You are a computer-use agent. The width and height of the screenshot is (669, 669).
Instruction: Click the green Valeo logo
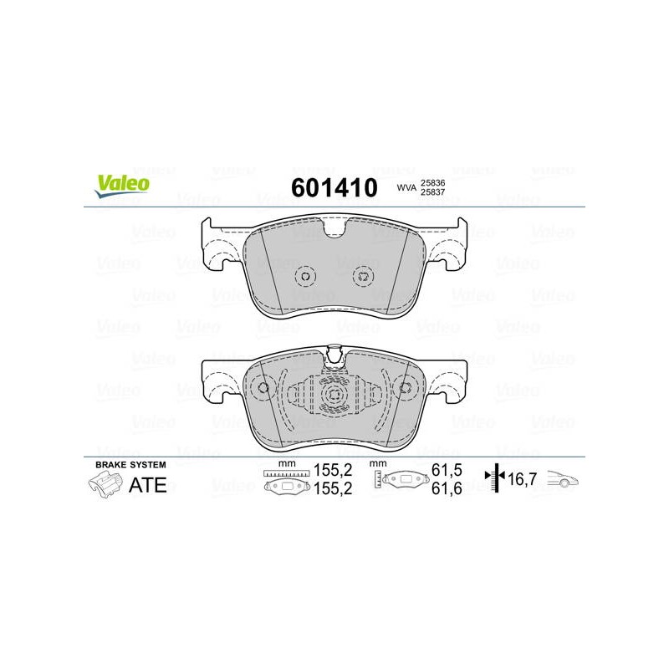pyautogui.click(x=122, y=186)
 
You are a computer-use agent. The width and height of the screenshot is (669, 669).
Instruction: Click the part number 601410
pyautogui.click(x=334, y=187)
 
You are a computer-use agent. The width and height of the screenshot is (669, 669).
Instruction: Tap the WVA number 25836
pyautogui.click(x=432, y=182)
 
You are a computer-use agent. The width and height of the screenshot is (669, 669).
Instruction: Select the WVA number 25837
pyautogui.click(x=432, y=192)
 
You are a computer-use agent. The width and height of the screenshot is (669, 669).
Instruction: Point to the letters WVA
pyautogui.click(x=406, y=187)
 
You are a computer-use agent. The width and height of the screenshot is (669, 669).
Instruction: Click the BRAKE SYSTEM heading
pyautogui.click(x=130, y=465)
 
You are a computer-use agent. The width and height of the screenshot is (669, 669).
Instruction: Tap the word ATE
pyautogui.click(x=148, y=485)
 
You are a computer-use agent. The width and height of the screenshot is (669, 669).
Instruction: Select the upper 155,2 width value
pyautogui.click(x=333, y=470)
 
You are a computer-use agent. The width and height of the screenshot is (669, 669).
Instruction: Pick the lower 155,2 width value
pyautogui.click(x=333, y=488)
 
